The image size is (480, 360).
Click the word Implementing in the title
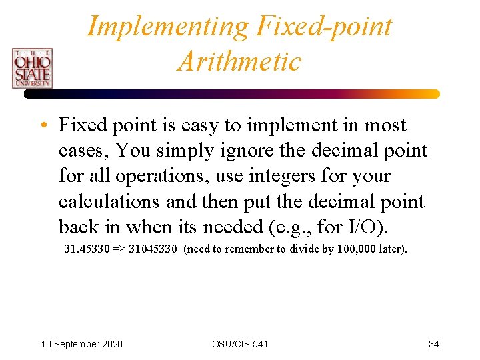pyautogui.click(x=167, y=27)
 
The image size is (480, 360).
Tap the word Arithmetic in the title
pyautogui.click(x=239, y=62)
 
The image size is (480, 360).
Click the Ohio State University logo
pyautogui.click(x=31, y=68)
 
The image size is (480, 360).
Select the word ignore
pyautogui.click(x=247, y=151)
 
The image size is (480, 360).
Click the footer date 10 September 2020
pyautogui.click(x=81, y=344)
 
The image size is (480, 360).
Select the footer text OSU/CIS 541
pyautogui.click(x=240, y=344)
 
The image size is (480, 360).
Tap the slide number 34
pyautogui.click(x=433, y=344)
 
